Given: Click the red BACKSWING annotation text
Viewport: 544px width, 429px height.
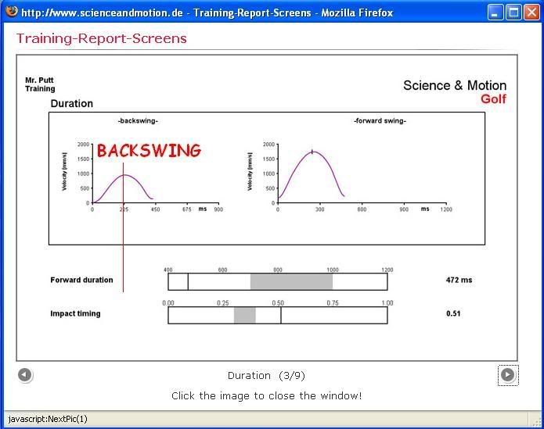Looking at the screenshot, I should pyautogui.click(x=149, y=151).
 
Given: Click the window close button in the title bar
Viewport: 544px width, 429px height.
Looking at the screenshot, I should pyautogui.click(x=531, y=12).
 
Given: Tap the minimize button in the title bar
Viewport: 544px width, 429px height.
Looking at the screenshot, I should pyautogui.click(x=495, y=12).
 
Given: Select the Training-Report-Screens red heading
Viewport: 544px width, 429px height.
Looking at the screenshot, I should pyautogui.click(x=101, y=38).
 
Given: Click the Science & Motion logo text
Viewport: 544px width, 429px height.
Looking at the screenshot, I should pyautogui.click(x=454, y=85).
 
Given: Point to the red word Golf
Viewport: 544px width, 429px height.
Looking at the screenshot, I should pyautogui.click(x=493, y=99).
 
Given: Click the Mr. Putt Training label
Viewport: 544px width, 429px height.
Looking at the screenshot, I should pyautogui.click(x=40, y=84).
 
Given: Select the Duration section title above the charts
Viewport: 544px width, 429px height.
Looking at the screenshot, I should pyautogui.click(x=71, y=103).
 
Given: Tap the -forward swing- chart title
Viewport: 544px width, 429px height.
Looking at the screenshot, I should pyautogui.click(x=380, y=121).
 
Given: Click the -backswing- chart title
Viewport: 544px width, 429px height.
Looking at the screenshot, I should pyautogui.click(x=138, y=121).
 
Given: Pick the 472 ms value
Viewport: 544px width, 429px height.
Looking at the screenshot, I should pyautogui.click(x=459, y=280).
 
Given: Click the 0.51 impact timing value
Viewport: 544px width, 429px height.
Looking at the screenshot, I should pyautogui.click(x=453, y=313).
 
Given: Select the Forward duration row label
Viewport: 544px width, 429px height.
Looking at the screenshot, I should pyautogui.click(x=81, y=280).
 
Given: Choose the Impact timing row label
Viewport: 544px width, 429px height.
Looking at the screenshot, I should pyautogui.click(x=75, y=313).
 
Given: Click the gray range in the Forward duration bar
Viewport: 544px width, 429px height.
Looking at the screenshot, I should pyautogui.click(x=291, y=281).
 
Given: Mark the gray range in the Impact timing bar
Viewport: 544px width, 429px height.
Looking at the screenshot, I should pyautogui.click(x=245, y=315).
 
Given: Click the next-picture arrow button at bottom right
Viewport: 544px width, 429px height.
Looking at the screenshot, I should pyautogui.click(x=507, y=375).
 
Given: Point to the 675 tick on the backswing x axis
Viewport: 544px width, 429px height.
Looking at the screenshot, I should pyautogui.click(x=187, y=209).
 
